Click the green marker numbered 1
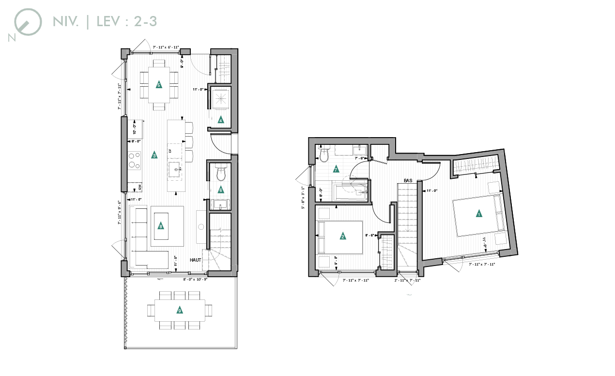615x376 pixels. coord(479,214)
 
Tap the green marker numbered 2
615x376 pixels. coord(343,236)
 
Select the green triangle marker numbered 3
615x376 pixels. coord(154,156)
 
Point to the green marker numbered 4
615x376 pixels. coord(221,120)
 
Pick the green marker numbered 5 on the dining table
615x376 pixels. coord(159,85)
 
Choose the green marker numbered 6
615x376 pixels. coord(221,189)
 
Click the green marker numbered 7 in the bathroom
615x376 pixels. coord(336,170)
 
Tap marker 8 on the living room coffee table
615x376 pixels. coord(161,225)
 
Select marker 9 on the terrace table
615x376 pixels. coord(180,311)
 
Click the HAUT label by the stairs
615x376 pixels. coord(195,260)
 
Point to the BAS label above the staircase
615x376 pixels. coord(408,181)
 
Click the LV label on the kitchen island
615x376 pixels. coord(170,151)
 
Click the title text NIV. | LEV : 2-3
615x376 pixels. coord(105,22)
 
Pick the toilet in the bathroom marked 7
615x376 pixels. coord(324,154)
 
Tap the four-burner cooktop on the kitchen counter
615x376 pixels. coord(134,160)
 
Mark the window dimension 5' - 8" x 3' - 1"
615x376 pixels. coord(304,198)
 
